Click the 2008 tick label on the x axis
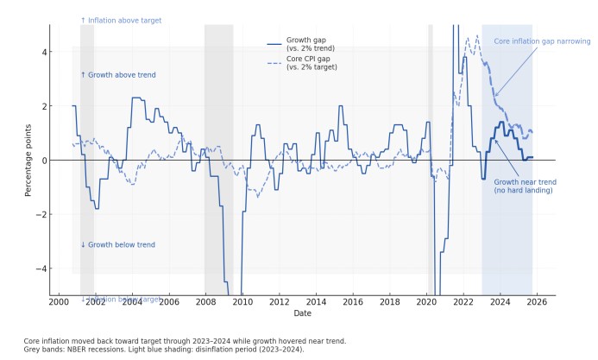point(205,302)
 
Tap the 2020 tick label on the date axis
point(426,302)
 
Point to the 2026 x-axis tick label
point(537,302)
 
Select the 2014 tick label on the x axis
point(316,302)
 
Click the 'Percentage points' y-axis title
point(28,161)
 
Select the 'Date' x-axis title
point(302,313)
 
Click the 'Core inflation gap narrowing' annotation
point(542,41)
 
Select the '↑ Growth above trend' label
point(118,75)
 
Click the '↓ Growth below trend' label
point(118,244)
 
